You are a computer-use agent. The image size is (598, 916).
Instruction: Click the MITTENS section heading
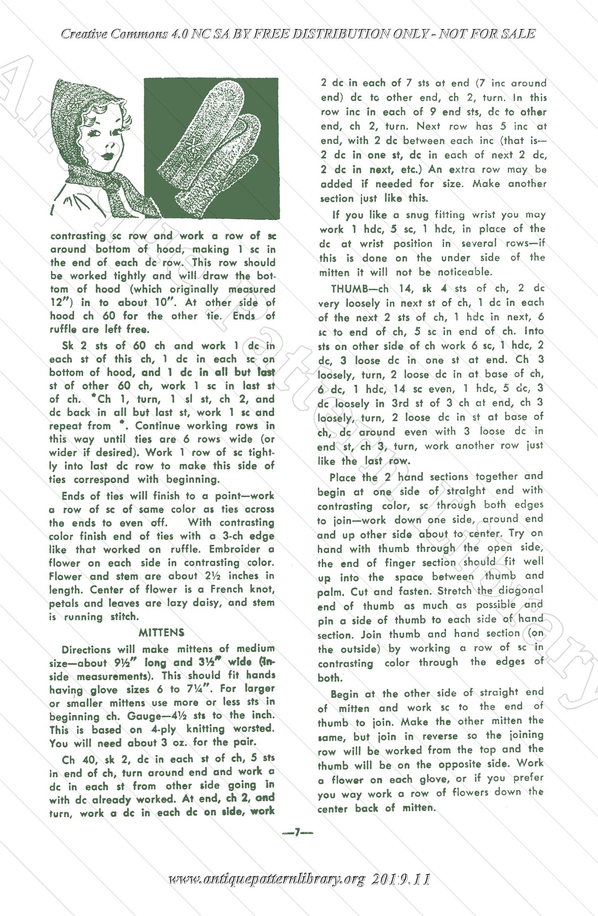[x=161, y=632]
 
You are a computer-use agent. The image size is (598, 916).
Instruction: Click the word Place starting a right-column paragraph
[x=343, y=477]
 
